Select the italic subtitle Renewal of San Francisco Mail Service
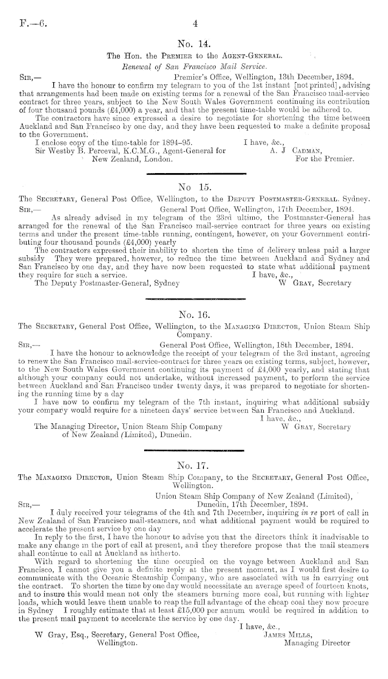click(195, 67)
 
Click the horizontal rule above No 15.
click(194, 174)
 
